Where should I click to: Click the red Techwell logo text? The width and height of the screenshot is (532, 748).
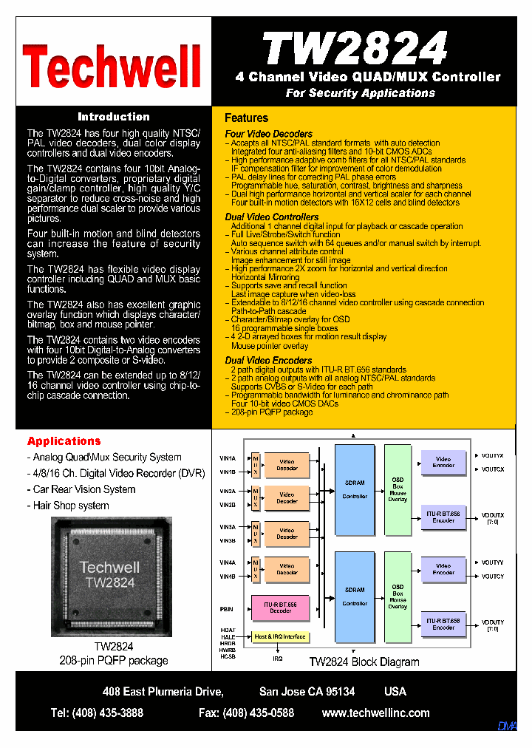[112, 67]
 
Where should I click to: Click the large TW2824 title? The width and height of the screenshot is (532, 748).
[355, 48]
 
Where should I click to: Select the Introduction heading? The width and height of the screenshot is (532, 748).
[114, 117]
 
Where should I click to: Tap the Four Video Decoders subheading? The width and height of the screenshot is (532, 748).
[268, 134]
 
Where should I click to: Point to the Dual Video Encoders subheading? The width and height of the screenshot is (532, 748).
[268, 360]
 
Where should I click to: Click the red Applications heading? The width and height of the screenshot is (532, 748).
[64, 441]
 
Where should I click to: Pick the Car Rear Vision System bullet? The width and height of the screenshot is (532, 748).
[83, 489]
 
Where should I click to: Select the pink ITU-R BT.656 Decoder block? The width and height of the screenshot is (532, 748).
[280, 608]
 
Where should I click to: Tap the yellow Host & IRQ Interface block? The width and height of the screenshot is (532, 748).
[280, 636]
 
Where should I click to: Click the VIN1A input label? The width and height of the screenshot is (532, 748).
[228, 458]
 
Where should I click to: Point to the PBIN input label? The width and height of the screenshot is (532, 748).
[226, 609]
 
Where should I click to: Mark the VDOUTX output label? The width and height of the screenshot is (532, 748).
[493, 514]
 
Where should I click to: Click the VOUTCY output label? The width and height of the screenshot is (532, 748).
[493, 577]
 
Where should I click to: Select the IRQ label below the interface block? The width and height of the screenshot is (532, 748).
[277, 659]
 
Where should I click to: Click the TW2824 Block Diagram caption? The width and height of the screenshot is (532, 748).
[364, 662]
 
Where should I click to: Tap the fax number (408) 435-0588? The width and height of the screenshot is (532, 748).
[246, 713]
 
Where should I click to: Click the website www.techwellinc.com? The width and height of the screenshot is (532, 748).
[375, 713]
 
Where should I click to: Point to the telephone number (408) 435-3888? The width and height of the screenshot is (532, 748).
[97, 713]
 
